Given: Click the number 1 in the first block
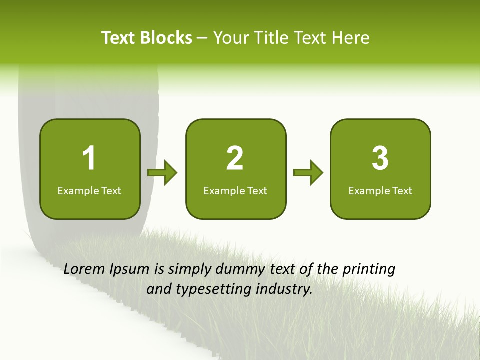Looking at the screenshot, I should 89,158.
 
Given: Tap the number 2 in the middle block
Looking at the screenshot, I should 235,158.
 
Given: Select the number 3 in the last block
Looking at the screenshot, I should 380,158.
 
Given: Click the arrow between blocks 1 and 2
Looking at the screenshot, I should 163,173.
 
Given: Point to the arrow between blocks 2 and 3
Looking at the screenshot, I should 308,173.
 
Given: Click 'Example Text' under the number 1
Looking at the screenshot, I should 89,191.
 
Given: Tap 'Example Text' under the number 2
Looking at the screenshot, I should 235,191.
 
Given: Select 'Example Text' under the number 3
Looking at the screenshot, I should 380,191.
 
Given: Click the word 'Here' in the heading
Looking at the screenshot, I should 351,38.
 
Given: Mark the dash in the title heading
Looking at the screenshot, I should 202,38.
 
